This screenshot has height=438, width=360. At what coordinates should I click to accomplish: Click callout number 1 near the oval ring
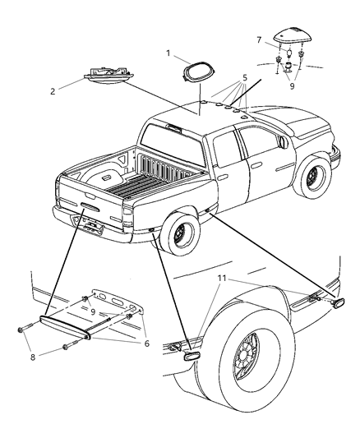pos(168,54)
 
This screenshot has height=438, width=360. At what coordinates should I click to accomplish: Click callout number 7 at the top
pos(258,39)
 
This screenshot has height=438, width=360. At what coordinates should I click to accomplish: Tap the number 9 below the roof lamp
pos(290,83)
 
